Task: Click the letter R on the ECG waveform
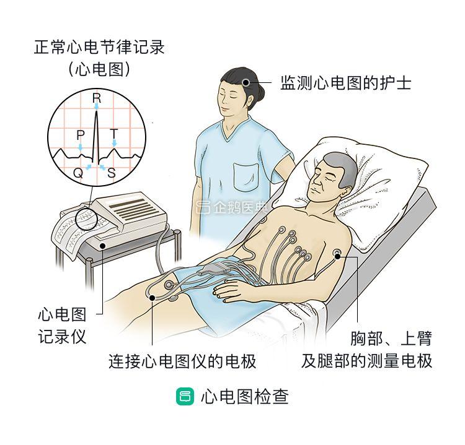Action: [96, 98]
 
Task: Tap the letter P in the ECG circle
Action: [80, 135]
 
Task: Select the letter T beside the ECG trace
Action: [113, 134]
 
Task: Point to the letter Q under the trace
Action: [78, 173]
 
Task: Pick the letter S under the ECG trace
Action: [111, 173]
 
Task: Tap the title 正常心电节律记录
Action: [99, 48]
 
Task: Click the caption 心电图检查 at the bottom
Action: [244, 397]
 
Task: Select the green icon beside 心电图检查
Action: [184, 397]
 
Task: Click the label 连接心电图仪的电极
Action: [182, 361]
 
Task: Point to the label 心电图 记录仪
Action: [61, 325]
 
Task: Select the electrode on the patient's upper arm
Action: [337, 253]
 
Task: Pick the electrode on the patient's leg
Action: [169, 287]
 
